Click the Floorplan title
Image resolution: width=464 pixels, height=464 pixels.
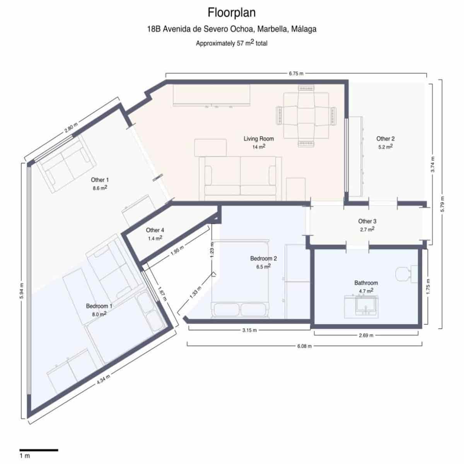[x=232, y=12]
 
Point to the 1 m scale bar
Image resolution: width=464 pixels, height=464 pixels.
[x=39, y=450]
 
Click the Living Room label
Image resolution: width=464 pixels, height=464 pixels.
[x=259, y=139]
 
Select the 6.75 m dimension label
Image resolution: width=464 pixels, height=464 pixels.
[x=296, y=74]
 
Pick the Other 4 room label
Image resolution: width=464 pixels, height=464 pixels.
[x=155, y=230]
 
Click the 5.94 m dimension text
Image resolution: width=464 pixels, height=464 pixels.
[x=22, y=291]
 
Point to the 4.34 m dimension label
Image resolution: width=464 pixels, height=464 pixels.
[x=104, y=379]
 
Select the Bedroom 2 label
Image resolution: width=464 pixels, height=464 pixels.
[x=263, y=259]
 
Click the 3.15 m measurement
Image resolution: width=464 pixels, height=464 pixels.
[x=249, y=330]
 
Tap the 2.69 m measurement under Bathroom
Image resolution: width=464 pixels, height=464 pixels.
[x=366, y=335]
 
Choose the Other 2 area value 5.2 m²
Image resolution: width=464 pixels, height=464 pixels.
[x=385, y=147]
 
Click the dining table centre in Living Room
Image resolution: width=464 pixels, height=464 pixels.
[x=306, y=116]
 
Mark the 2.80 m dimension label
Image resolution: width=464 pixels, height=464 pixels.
[x=71, y=128]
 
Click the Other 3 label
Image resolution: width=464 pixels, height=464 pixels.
[x=367, y=221]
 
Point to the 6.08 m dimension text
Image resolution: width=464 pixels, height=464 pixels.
[x=304, y=346]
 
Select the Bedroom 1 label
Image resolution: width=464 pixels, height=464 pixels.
[x=99, y=306]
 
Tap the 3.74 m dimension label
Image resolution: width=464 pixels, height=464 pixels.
[x=433, y=164]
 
